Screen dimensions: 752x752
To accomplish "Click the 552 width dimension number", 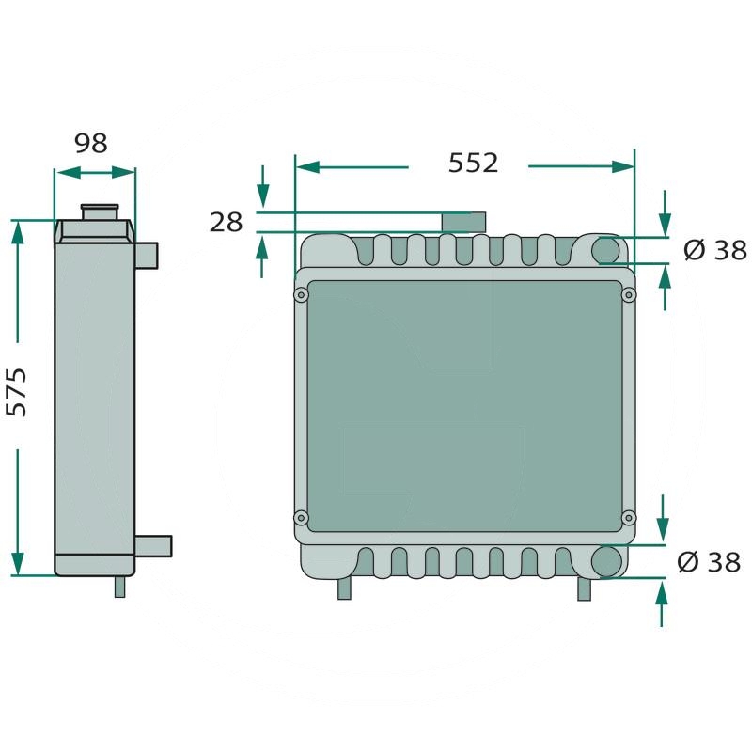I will click(x=473, y=163).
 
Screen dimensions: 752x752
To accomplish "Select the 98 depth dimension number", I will click(x=91, y=144).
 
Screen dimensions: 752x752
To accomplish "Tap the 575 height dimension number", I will click(x=18, y=391).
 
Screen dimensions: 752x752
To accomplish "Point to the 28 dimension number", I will click(x=226, y=223).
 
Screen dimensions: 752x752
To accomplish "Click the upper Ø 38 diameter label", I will click(x=714, y=250).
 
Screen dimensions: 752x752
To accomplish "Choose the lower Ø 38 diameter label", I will click(x=709, y=562).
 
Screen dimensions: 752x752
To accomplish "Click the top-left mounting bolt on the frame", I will click(x=301, y=295).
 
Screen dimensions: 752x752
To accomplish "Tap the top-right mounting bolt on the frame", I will click(x=629, y=295).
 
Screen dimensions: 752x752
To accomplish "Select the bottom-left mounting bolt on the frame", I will click(x=301, y=517).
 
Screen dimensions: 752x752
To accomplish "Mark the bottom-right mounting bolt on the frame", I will click(x=629, y=517).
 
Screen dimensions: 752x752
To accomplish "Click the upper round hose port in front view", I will click(x=606, y=250).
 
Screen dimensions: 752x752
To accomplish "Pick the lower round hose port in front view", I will click(x=607, y=561).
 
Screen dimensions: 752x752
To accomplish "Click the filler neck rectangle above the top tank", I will click(x=464, y=222).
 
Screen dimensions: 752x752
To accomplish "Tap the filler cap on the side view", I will click(x=99, y=211).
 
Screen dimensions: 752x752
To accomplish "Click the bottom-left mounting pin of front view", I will click(x=344, y=588).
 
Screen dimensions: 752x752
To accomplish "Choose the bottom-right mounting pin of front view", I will click(x=584, y=588).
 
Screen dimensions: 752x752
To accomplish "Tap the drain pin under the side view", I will click(x=119, y=587).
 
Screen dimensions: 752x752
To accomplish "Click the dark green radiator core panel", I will click(x=464, y=406).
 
